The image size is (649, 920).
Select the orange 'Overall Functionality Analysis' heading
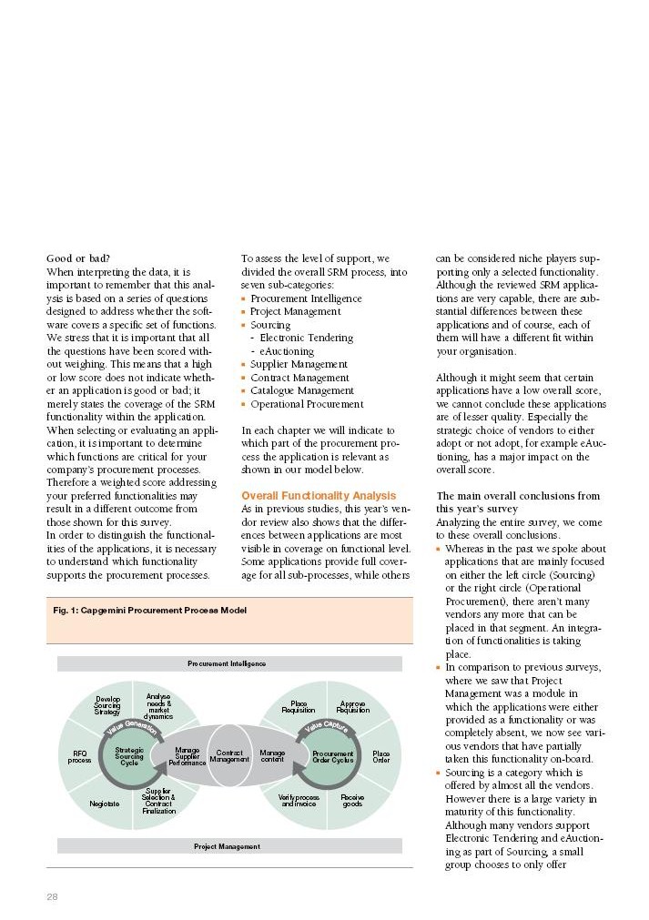click(319, 496)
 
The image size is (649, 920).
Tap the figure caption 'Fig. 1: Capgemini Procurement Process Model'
click(149, 610)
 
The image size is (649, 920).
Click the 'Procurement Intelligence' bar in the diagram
click(227, 663)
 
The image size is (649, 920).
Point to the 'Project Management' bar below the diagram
click(227, 846)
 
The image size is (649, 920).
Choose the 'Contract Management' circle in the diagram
click(229, 756)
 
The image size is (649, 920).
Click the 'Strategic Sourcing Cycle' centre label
click(129, 756)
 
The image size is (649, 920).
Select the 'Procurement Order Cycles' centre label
click(333, 756)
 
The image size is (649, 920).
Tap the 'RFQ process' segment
click(80, 756)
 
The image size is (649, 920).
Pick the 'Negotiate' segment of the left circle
click(105, 804)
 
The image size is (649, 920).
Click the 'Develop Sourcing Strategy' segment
click(107, 705)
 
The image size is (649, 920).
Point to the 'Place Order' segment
click(380, 756)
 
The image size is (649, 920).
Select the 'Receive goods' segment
click(351, 801)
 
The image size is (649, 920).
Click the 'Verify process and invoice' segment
click(299, 801)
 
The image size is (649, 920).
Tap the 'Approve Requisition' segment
click(352, 707)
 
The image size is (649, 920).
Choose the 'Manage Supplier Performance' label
click(188, 755)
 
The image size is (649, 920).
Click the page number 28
click(53, 896)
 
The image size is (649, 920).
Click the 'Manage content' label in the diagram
click(272, 755)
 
